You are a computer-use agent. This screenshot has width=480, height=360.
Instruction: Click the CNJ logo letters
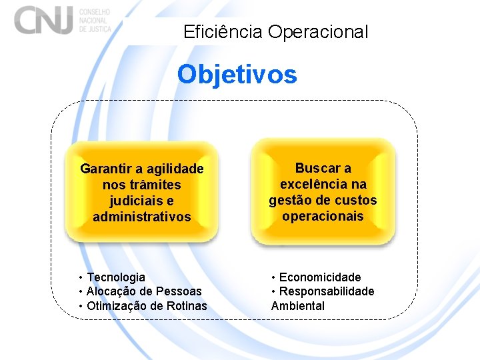44,19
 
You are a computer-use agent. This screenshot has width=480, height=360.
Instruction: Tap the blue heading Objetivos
237,74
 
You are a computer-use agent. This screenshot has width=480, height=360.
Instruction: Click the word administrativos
142,217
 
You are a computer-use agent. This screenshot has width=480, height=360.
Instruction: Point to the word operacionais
323,216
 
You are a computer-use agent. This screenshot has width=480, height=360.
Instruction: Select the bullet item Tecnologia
116,277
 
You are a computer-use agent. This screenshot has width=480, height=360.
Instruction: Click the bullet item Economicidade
320,277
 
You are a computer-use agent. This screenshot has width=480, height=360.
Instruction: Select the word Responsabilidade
327,291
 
